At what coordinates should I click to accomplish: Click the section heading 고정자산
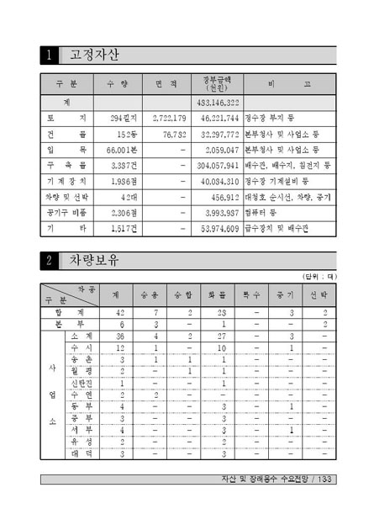93,56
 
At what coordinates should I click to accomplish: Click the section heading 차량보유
93,262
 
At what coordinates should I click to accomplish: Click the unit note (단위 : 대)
319,275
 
